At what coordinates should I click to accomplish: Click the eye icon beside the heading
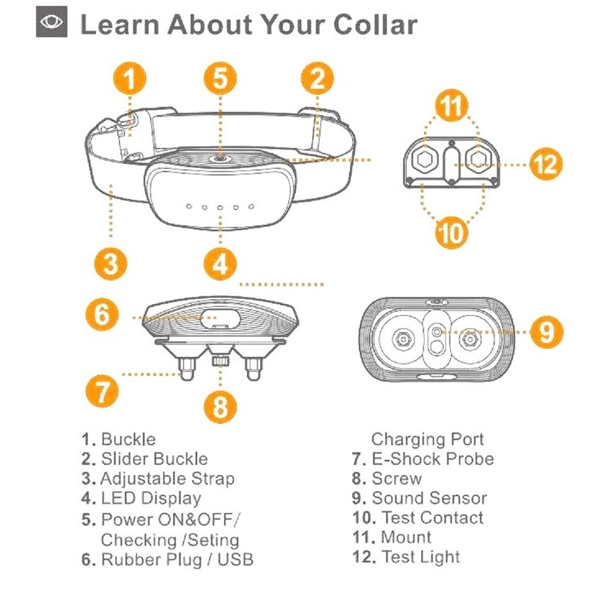pyautogui.click(x=51, y=24)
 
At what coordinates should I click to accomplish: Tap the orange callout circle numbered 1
pyautogui.click(x=129, y=79)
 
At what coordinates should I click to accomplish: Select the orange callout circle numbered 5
pyautogui.click(x=220, y=79)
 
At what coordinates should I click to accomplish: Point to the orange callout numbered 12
pyautogui.click(x=546, y=163)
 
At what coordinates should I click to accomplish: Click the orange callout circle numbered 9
pyautogui.click(x=546, y=332)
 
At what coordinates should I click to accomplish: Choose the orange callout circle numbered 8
pyautogui.click(x=220, y=406)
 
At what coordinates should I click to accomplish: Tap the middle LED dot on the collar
pyautogui.click(x=219, y=207)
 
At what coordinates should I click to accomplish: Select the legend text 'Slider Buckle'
pyautogui.click(x=154, y=459)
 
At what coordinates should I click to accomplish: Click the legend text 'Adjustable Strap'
pyautogui.click(x=167, y=479)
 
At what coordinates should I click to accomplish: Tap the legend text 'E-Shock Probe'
pyautogui.click(x=432, y=459)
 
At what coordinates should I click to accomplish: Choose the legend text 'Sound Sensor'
pyautogui.click(x=429, y=498)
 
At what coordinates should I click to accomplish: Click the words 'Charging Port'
pyautogui.click(x=427, y=439)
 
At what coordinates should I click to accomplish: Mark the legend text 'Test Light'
pyautogui.click(x=420, y=557)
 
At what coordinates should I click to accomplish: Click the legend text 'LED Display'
pyautogui.click(x=151, y=498)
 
